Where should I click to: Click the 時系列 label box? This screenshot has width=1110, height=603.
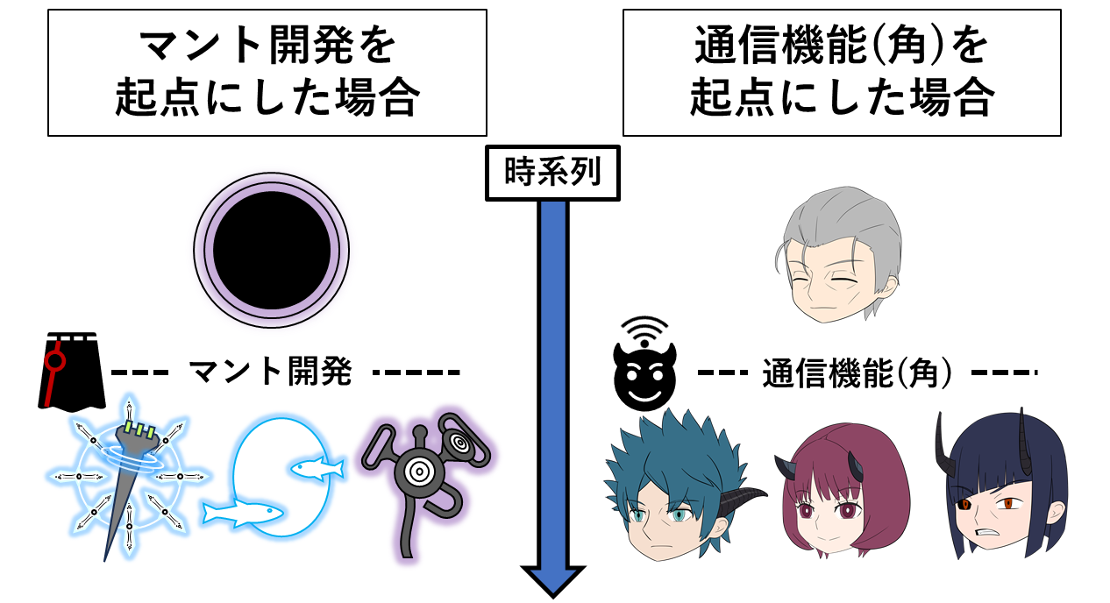point(552,173)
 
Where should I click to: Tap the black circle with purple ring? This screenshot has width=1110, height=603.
point(272,250)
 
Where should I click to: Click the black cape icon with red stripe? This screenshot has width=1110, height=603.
point(72,372)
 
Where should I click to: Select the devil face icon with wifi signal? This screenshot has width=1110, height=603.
point(644,364)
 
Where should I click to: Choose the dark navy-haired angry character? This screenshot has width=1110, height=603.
point(1001,488)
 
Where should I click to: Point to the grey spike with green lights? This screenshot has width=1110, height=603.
point(130,476)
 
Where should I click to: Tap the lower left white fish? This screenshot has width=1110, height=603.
point(243,513)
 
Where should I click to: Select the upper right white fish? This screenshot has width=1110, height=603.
point(317,468)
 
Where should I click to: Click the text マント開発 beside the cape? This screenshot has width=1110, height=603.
point(271,372)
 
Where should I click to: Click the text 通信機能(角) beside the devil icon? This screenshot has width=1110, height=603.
point(857,372)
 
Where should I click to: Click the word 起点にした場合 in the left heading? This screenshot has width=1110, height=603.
point(267,96)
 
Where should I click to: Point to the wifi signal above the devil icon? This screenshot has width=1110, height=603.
point(644,330)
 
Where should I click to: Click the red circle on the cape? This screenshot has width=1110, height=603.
point(54,360)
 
